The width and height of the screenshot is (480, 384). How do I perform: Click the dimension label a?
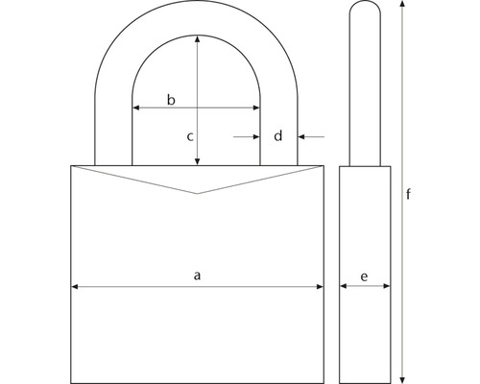click(198, 275)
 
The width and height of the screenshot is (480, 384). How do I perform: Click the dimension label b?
click(171, 100)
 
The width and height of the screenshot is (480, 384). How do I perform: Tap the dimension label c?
click(190, 136)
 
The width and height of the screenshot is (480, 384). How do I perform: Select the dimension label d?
click(278, 135)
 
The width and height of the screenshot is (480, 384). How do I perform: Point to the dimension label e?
click(364, 276)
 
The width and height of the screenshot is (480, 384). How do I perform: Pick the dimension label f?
click(408, 194)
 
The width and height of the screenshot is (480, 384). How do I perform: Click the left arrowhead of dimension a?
click(74, 287)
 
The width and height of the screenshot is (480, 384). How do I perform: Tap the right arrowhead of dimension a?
click(320, 287)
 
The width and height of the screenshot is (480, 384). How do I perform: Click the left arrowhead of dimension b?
click(136, 108)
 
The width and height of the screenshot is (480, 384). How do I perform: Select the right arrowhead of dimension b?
click(256, 108)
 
